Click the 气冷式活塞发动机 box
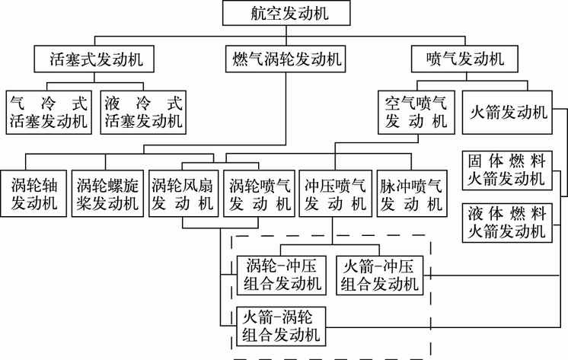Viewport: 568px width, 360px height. tap(48, 111)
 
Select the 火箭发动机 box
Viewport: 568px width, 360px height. tap(507, 112)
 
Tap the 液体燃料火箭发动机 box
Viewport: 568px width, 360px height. tap(507, 221)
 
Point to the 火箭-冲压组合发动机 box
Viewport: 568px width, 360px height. tap(379, 275)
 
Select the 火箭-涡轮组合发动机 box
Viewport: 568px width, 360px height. tap(280, 326)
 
